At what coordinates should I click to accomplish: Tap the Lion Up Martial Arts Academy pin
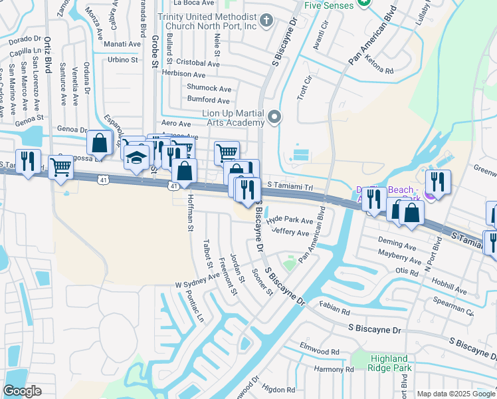click(x=275, y=118)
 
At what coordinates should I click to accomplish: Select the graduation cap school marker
click(x=136, y=158)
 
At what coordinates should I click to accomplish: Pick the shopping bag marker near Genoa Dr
click(x=100, y=144)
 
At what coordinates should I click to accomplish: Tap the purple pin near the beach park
click(x=430, y=194)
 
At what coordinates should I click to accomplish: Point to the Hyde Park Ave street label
click(x=289, y=220)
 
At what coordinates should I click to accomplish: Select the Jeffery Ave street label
click(x=291, y=233)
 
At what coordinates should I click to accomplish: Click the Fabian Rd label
click(x=334, y=310)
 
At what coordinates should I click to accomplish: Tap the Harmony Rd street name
click(x=335, y=369)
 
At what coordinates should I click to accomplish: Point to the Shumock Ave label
click(x=209, y=88)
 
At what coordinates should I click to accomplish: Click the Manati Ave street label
click(x=123, y=44)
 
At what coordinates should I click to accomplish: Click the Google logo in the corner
click(x=23, y=391)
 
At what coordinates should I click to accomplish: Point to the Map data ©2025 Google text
click(x=455, y=394)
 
